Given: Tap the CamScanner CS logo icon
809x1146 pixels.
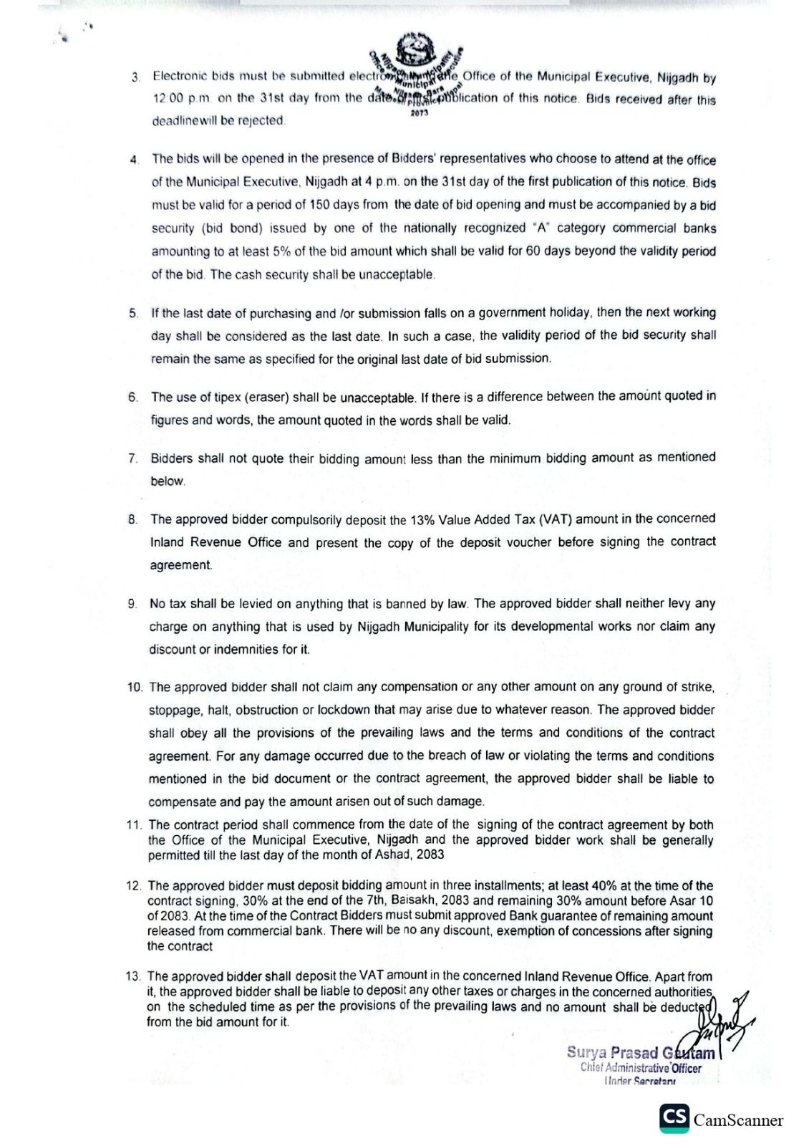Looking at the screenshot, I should (674, 1118).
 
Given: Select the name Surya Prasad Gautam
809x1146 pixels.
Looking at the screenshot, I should (640, 1052).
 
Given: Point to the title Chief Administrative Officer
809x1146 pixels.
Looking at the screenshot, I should (641, 1068).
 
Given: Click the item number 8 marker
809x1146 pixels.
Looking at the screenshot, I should (133, 519).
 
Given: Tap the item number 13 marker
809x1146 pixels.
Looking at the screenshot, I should (134, 976).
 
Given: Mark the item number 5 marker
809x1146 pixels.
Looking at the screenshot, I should (134, 313).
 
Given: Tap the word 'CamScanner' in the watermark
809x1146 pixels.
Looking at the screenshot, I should (738, 1120).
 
